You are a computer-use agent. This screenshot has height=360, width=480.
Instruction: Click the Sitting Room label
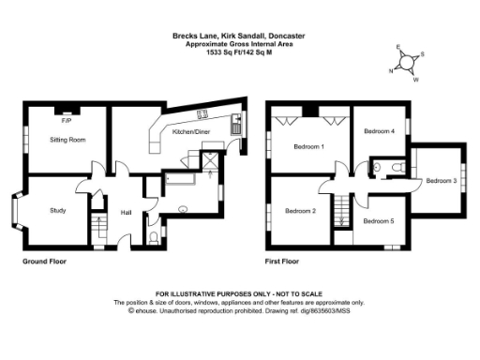(67, 139)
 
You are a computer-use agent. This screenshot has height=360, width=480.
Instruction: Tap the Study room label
(58, 211)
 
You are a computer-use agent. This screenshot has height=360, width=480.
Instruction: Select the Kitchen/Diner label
(191, 132)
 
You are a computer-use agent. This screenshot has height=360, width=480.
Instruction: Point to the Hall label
(125, 213)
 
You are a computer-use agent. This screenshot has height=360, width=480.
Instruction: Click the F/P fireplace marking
(67, 122)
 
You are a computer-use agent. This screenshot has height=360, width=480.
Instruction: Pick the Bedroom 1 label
(308, 147)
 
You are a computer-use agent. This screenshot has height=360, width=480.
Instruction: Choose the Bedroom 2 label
(300, 211)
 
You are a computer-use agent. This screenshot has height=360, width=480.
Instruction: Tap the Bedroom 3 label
(442, 180)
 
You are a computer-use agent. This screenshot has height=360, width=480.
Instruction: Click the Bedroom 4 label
(380, 132)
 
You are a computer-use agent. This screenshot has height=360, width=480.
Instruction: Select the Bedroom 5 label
(378, 220)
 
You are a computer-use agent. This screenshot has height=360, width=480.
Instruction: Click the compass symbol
(405, 62)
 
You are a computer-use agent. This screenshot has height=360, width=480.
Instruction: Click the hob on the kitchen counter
(202, 115)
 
